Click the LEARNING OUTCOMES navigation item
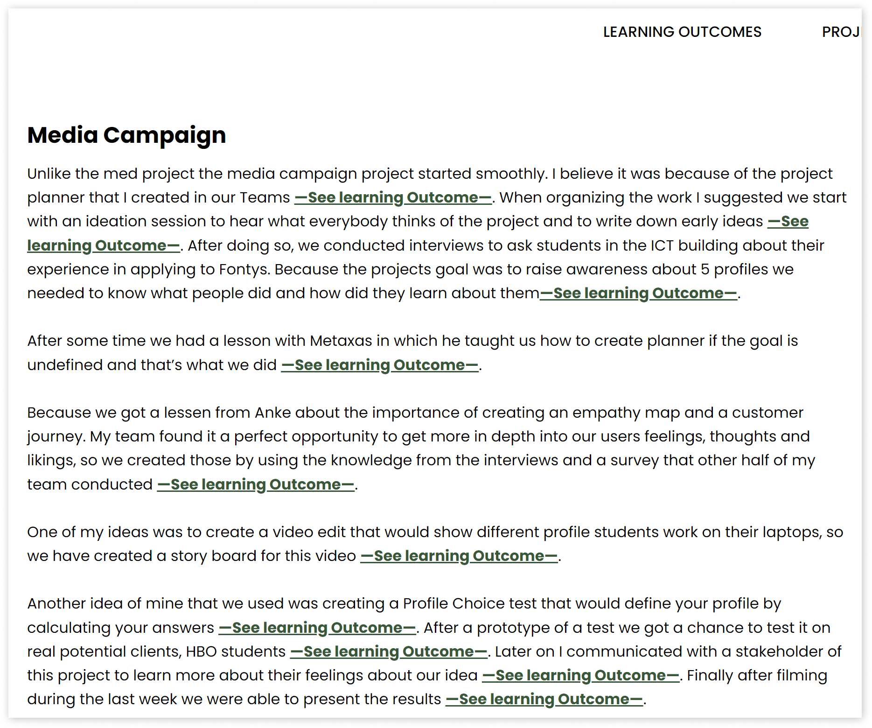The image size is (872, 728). (682, 32)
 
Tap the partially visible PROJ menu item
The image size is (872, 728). (840, 32)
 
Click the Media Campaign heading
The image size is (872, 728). (126, 135)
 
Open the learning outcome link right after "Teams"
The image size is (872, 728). (393, 197)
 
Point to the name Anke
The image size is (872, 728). (272, 413)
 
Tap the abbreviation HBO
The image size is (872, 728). (201, 651)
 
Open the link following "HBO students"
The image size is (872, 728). (388, 651)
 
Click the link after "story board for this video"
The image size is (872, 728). (459, 556)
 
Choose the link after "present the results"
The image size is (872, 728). (544, 699)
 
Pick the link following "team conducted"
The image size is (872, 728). (256, 484)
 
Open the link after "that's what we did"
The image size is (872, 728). (380, 365)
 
